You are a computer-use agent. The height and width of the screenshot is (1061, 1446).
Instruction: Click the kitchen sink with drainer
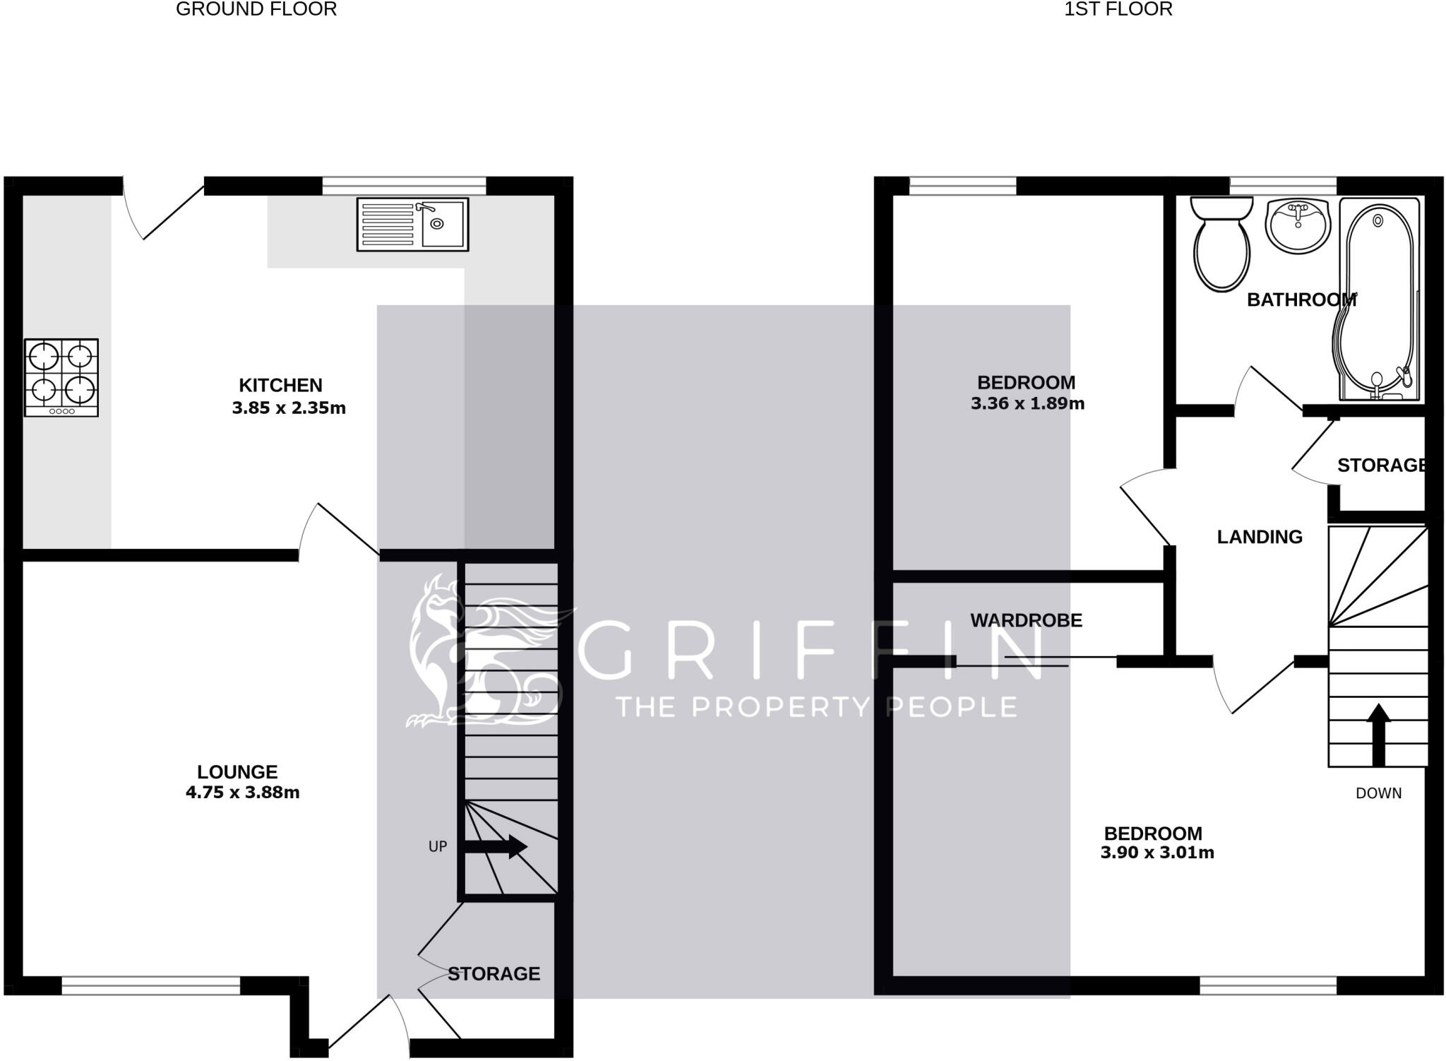(x=412, y=224)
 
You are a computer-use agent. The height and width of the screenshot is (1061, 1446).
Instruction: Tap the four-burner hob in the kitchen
(x=61, y=377)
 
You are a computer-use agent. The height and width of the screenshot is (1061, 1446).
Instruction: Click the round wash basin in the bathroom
(x=1298, y=225)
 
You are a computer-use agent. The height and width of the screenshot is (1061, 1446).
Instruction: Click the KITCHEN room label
(x=280, y=385)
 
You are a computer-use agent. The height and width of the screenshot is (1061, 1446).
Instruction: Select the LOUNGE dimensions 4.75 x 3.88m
(x=242, y=793)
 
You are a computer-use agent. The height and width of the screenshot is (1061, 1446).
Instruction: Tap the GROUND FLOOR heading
(x=256, y=9)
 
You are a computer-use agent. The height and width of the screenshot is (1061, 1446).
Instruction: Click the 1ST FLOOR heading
(x=1118, y=9)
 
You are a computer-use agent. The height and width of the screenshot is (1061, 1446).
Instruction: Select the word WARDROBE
(x=1026, y=620)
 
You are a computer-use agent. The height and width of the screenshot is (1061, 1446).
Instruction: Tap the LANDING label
(x=1260, y=537)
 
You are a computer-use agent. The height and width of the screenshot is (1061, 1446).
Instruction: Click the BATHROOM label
(x=1301, y=300)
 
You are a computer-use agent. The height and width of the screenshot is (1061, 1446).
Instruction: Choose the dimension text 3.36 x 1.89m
(x=1027, y=403)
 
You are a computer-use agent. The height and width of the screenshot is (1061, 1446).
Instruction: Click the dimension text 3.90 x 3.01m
(x=1157, y=853)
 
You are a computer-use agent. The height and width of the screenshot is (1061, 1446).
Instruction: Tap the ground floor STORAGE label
(x=494, y=973)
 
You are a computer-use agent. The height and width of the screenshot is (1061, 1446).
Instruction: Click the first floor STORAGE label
(x=1381, y=465)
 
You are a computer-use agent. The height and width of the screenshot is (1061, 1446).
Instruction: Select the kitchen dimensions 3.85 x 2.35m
(x=289, y=408)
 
